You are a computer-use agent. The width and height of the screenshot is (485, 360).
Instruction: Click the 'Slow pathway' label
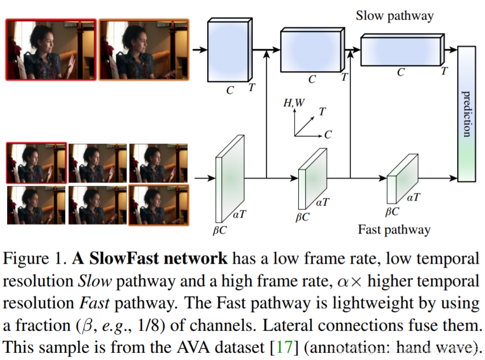[x=394, y=15]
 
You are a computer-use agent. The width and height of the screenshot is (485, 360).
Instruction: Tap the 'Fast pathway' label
[x=394, y=229]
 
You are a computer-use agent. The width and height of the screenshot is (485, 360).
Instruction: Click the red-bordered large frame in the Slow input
[x=51, y=49]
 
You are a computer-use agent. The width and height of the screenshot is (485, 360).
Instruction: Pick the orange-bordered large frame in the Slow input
[x=144, y=49]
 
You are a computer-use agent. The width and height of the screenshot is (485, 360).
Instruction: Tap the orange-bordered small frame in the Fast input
[x=158, y=205]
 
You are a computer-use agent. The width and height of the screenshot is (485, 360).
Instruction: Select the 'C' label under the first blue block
[x=230, y=90]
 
